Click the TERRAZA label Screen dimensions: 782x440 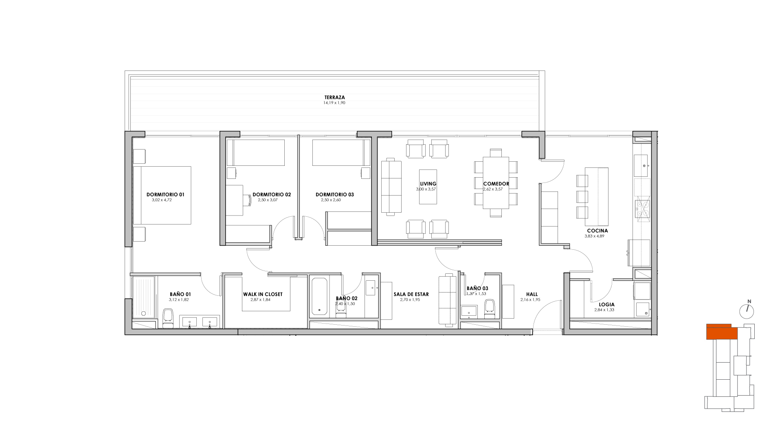tap(335, 97)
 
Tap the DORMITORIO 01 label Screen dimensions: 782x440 tap(165, 195)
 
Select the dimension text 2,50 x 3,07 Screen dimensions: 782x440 tap(268, 200)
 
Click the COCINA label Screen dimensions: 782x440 tap(597, 231)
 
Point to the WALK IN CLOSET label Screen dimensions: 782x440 tap(263, 294)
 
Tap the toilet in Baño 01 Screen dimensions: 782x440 tap(168, 318)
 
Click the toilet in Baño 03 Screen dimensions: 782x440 tap(490, 308)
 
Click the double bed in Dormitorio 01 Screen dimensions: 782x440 tap(162, 195)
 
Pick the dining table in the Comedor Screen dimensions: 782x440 tap(496, 183)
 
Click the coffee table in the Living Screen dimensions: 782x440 tap(428, 187)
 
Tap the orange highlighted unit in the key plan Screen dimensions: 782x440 tap(722, 332)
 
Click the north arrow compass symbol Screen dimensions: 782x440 tap(747, 310)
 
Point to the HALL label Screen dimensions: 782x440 tap(532, 294)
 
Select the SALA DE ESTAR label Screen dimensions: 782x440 tap(411, 294)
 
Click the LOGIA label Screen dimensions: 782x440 tap(607, 304)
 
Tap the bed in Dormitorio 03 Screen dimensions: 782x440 tap(341, 153)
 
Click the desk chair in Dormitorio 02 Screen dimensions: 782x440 tap(247, 200)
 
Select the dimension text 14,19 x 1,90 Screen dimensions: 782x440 tap(334, 103)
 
